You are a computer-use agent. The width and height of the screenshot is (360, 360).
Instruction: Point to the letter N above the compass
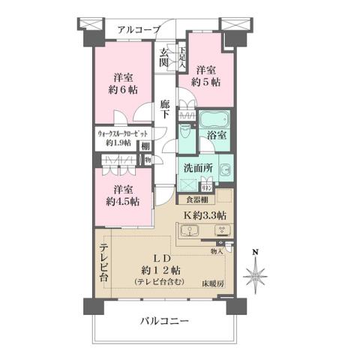pos(255,251)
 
